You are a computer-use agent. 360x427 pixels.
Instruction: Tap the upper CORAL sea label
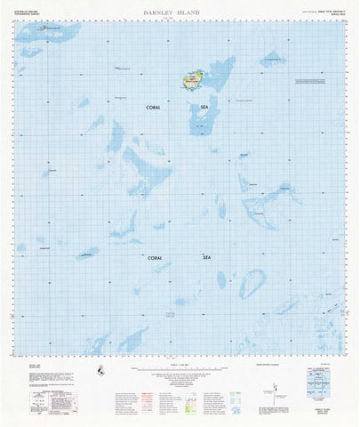coord(154,108)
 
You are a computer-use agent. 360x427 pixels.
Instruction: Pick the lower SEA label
coord(207,257)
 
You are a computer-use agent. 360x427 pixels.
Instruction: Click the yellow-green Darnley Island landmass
coord(191,81)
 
